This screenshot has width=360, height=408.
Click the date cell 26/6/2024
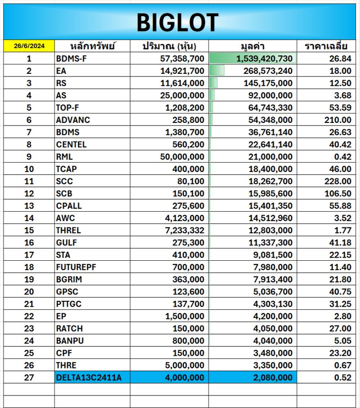[x=29, y=46]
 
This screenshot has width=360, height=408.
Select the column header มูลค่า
[x=252, y=46]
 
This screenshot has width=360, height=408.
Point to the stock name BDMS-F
[x=71, y=59]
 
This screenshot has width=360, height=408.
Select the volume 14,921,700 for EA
[x=182, y=71]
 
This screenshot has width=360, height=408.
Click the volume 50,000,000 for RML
[x=182, y=157]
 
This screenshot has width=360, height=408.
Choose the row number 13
[x=29, y=206]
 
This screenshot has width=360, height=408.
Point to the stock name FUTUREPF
[x=76, y=267]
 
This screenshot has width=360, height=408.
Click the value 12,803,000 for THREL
[x=270, y=230]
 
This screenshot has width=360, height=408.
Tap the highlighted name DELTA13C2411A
[x=89, y=377]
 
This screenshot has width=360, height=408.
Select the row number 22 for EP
[x=29, y=316]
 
